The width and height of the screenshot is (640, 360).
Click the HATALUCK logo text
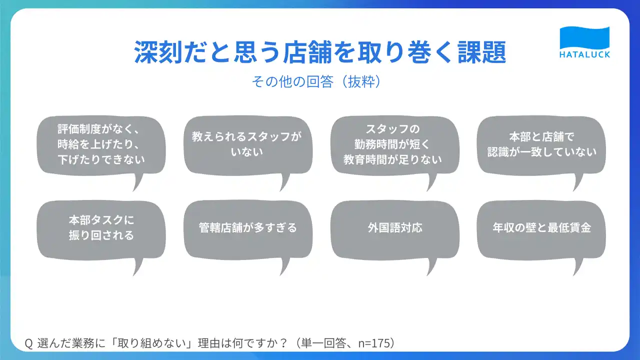tap(584, 54)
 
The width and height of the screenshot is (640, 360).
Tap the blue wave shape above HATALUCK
tap(584, 37)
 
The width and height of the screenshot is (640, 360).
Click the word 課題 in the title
tap(481, 52)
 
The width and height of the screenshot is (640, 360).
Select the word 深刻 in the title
tap(158, 52)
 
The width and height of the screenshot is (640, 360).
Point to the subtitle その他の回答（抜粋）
tap(316, 81)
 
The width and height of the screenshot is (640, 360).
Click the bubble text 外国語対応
tap(395, 228)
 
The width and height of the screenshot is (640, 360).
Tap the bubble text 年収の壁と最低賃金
tap(541, 227)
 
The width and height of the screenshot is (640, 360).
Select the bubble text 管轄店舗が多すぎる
tap(248, 228)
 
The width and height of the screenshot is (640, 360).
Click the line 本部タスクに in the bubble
tap(101, 220)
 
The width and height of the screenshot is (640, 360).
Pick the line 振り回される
tap(101, 235)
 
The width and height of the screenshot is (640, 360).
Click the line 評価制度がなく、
tap(98, 129)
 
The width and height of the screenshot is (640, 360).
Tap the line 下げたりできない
tap(101, 159)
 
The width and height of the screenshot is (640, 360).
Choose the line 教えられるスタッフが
tap(247, 136)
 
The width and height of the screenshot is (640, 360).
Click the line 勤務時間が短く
tap(392, 144)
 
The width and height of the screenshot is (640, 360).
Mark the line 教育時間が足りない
tap(392, 159)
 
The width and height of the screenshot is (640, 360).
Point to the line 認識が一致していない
tap(541, 152)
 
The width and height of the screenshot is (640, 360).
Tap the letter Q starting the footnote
tap(28, 343)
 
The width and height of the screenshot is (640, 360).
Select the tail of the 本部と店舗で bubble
tap(577, 182)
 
